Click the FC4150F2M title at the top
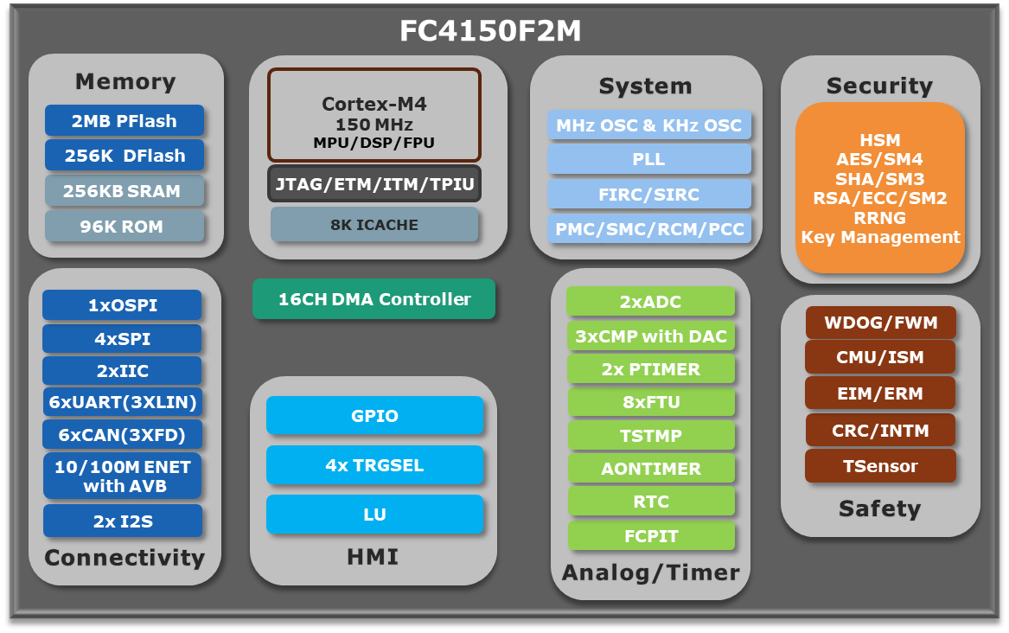(x=490, y=31)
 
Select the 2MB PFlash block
(x=125, y=120)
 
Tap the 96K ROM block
(x=125, y=227)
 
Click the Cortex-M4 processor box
(x=374, y=115)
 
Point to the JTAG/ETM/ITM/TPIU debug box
(x=374, y=184)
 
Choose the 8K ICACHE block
(x=374, y=225)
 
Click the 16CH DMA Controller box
(x=374, y=299)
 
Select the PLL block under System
(x=649, y=159)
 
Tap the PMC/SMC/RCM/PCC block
(x=649, y=229)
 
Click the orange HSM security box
(x=880, y=188)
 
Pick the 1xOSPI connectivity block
(x=122, y=305)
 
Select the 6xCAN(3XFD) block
(x=122, y=435)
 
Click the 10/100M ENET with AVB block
(x=122, y=476)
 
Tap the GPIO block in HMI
(x=374, y=416)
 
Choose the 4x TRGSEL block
(x=374, y=465)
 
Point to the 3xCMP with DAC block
(x=650, y=336)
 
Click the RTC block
(x=650, y=502)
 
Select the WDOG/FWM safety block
(x=880, y=323)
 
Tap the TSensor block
(x=880, y=466)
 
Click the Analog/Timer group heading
(x=650, y=572)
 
